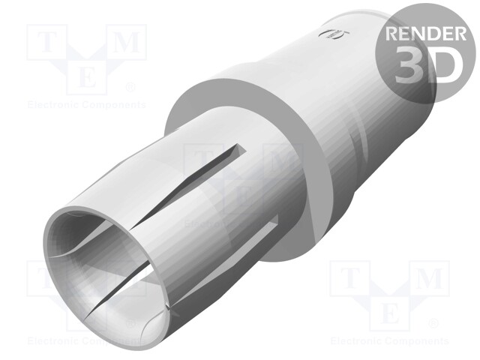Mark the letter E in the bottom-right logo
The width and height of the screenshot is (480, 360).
point(389,311)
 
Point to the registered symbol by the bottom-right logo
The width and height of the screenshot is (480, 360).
point(433,324)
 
